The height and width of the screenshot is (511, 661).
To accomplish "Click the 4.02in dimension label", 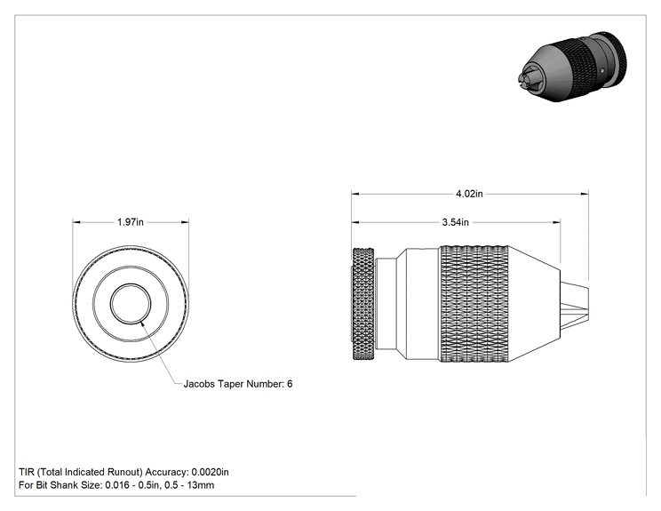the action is tap(469, 194).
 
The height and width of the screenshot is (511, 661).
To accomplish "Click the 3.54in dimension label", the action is tap(455, 222).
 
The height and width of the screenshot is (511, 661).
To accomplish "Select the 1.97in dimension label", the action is tap(131, 222).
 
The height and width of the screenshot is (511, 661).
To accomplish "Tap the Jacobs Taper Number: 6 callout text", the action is tap(238, 384).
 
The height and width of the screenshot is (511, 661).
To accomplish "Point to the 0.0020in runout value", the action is tap(210, 472).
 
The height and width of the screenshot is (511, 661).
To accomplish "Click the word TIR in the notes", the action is tap(26, 472).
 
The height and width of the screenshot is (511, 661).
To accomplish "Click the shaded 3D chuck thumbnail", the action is tap(571, 67).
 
